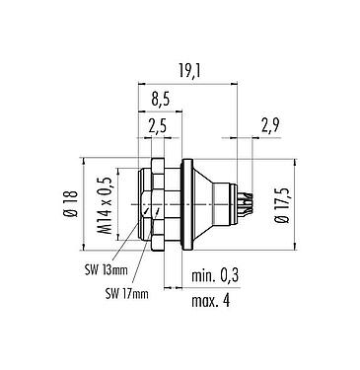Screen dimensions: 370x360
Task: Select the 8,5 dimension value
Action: click(160, 99)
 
